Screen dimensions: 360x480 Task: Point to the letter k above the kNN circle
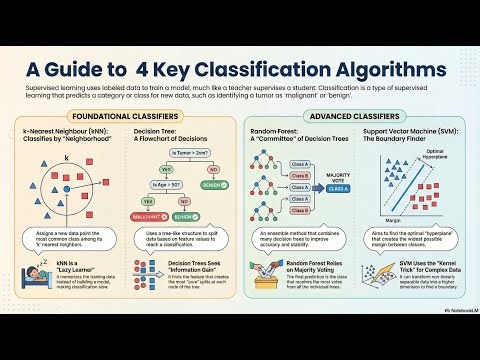tap(66, 159)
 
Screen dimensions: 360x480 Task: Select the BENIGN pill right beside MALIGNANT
tap(182, 215)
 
